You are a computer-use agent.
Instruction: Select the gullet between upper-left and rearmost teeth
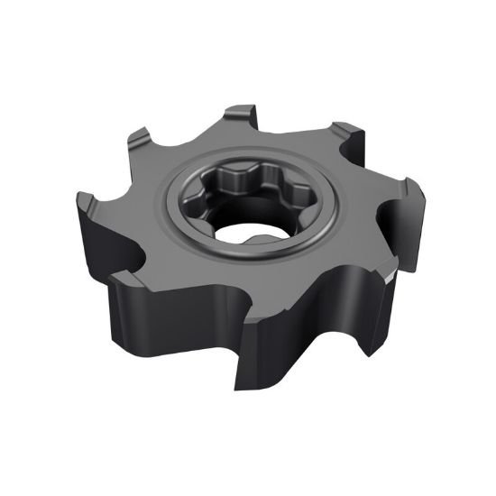pos(194,135)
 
